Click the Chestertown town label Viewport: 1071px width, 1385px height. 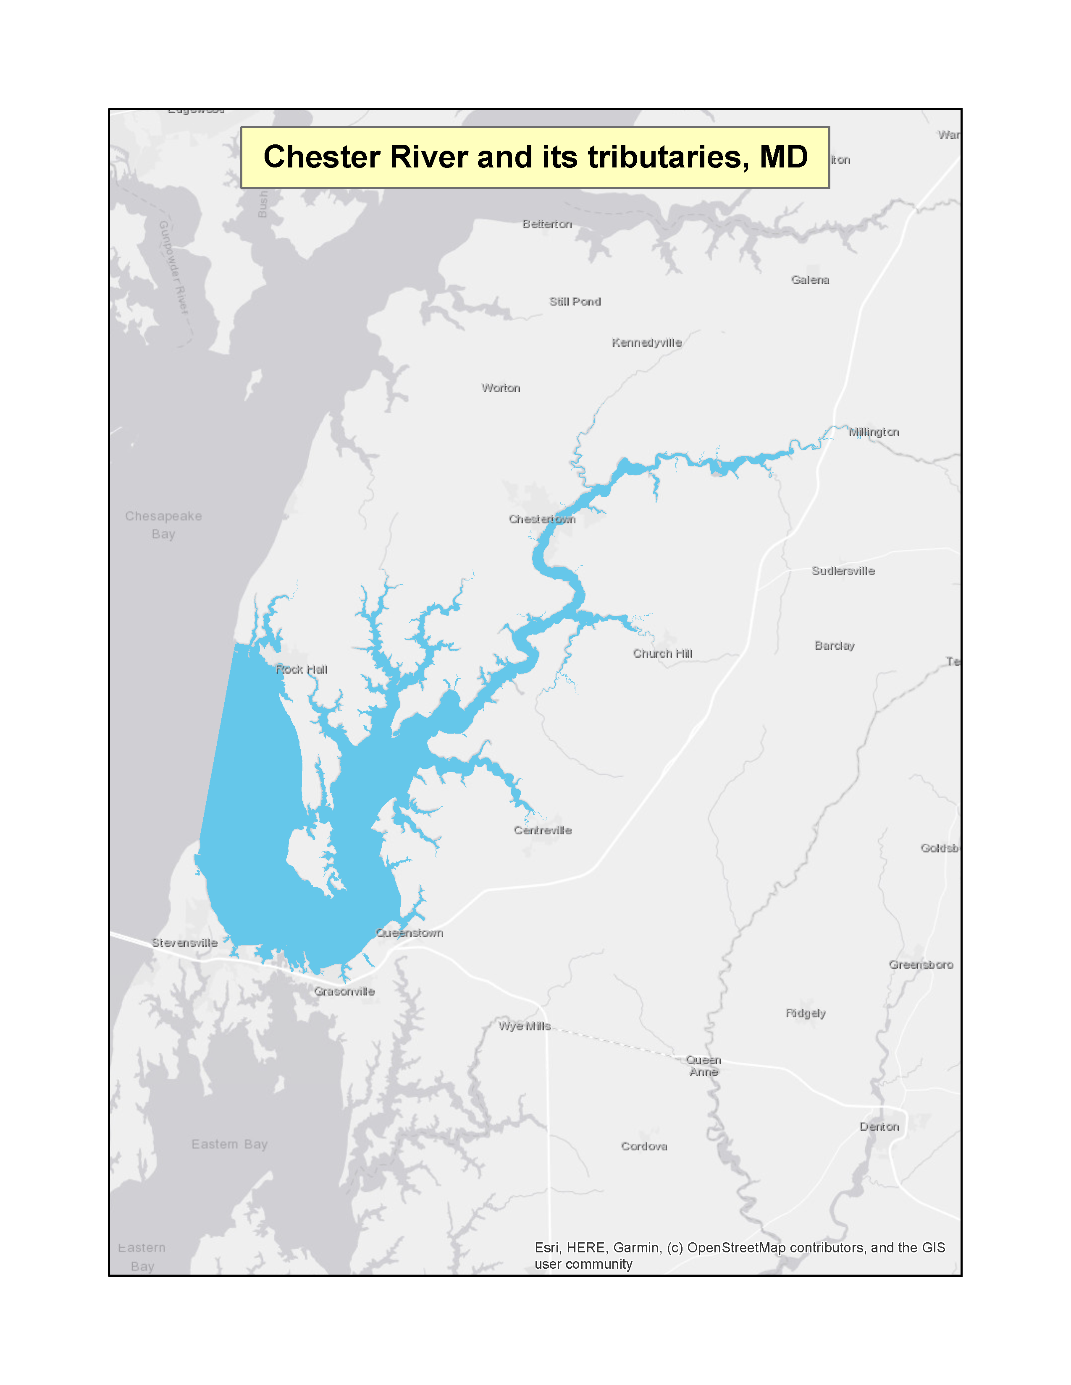[542, 520]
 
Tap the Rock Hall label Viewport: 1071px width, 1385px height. [302, 670]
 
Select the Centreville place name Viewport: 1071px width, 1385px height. [543, 831]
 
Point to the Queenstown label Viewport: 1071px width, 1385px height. [409, 933]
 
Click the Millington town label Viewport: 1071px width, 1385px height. [874, 432]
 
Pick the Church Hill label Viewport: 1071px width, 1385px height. [662, 654]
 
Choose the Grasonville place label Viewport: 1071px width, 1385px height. [344, 992]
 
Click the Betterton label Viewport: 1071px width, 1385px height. [547, 225]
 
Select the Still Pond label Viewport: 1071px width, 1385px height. [575, 302]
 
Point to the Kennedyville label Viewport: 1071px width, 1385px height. [646, 343]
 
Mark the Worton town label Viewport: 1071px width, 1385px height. [501, 388]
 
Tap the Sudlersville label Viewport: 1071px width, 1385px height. [843, 571]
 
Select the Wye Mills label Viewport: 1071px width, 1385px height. [524, 1027]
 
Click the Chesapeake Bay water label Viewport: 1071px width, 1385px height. [164, 525]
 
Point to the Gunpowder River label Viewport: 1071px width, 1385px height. [174, 267]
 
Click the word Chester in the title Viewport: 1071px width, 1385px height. [322, 157]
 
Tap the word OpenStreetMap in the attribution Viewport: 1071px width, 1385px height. [736, 1248]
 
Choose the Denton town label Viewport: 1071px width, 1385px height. [879, 1127]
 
